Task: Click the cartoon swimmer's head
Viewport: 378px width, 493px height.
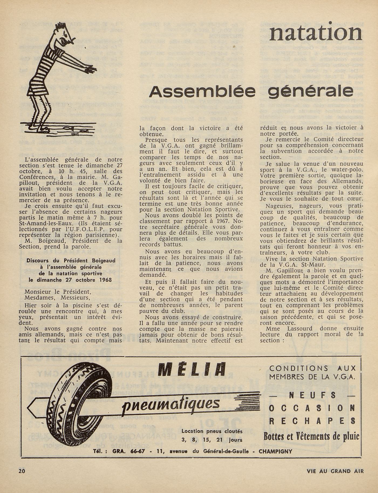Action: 62,37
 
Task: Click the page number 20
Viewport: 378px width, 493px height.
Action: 22,471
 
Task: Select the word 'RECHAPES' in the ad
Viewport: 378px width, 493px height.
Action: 312,421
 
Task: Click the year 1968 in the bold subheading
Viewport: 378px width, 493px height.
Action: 104,280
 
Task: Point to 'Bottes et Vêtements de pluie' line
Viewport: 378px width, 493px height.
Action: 312,436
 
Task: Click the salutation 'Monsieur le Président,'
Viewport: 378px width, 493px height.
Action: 57,292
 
